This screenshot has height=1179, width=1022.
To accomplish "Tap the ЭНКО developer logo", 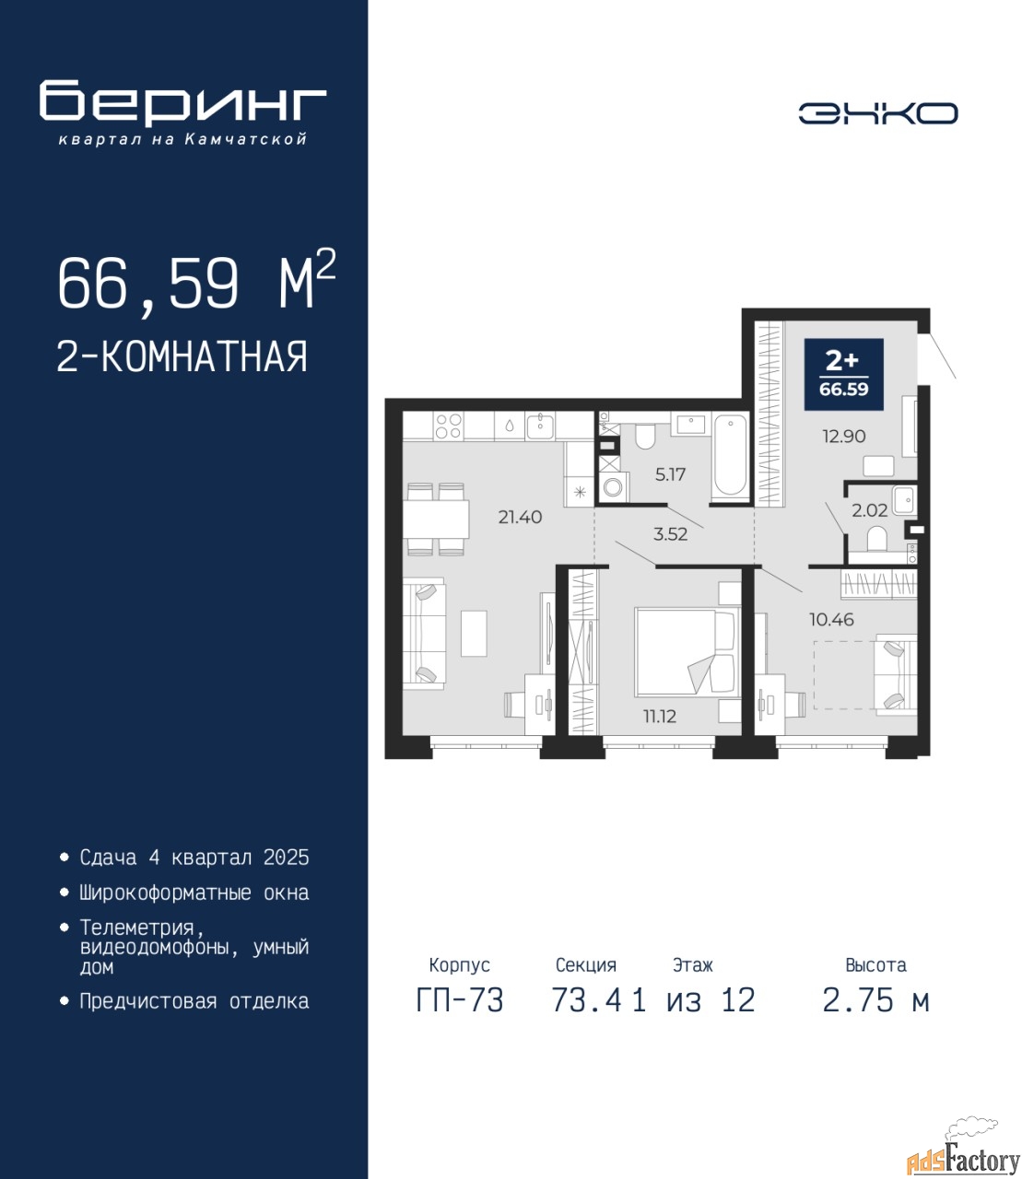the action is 877,113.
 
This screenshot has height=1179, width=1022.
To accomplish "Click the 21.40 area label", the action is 520,518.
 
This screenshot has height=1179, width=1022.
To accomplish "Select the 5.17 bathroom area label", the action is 670,474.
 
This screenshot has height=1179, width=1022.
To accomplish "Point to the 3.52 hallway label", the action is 671,534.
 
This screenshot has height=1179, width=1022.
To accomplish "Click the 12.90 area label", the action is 844,437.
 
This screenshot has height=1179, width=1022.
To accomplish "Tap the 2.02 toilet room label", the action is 870,510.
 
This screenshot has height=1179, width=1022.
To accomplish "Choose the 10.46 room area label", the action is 832,619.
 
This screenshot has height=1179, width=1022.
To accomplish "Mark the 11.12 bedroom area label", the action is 660,716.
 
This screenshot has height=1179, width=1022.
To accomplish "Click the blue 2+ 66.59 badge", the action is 844,374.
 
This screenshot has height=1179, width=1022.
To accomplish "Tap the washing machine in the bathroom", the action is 614,487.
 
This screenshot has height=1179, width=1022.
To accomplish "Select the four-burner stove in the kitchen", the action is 448,426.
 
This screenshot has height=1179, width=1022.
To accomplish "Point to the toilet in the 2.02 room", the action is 875,539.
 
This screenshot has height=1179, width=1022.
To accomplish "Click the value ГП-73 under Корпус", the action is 460,1000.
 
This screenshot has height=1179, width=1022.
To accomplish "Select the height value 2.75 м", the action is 875,1000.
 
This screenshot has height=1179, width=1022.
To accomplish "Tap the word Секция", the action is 586,965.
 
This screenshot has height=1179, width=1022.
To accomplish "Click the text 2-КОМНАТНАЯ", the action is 182,356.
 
